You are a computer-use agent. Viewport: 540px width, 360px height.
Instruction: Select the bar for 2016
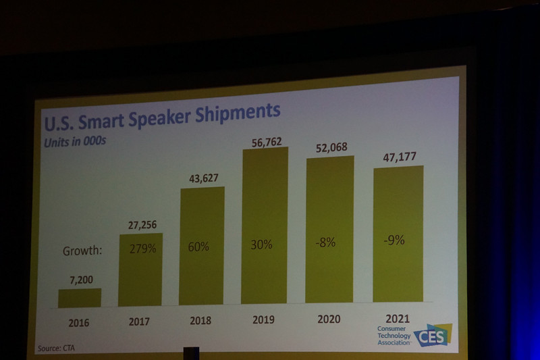point(80,298)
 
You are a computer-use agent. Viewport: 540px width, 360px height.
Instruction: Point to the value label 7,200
point(80,278)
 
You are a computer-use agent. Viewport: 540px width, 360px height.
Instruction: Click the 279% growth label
point(142,249)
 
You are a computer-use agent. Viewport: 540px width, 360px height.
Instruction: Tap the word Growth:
point(82,251)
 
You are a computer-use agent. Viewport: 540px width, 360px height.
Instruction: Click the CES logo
point(433,335)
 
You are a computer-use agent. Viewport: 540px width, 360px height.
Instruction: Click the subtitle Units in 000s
point(76,143)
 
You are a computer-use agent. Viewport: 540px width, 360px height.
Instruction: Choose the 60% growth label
point(198,247)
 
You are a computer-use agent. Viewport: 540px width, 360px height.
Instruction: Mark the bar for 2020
point(329,230)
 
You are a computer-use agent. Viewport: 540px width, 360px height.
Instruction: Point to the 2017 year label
point(139,322)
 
